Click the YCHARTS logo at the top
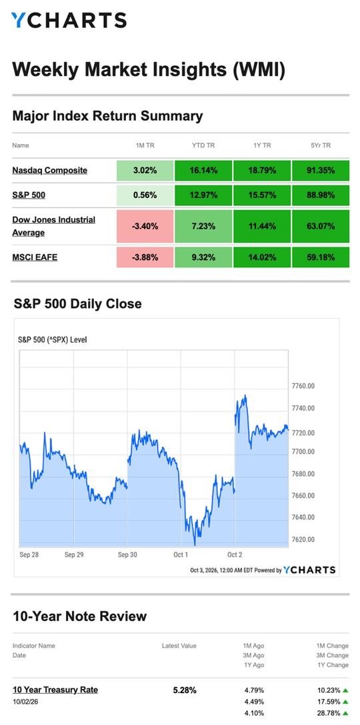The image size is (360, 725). pyautogui.click(x=69, y=21)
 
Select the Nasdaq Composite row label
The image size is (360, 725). pyautogui.click(x=49, y=170)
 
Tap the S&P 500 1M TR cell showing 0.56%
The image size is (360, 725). pyautogui.click(x=145, y=195)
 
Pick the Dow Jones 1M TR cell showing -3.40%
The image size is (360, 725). pyautogui.click(x=145, y=226)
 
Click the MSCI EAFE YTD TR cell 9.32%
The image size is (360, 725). pyautogui.click(x=203, y=257)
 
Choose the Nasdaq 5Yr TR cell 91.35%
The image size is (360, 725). pyautogui.click(x=321, y=170)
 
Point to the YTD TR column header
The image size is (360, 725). pyautogui.click(x=203, y=145)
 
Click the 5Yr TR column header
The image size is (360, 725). pyautogui.click(x=321, y=145)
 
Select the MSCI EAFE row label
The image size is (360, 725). pyautogui.click(x=35, y=257)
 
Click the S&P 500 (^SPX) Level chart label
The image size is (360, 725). pyautogui.click(x=52, y=340)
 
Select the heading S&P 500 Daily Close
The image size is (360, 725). pyautogui.click(x=77, y=304)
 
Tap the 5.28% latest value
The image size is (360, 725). pyautogui.click(x=185, y=690)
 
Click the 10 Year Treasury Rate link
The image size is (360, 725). pyautogui.click(x=55, y=690)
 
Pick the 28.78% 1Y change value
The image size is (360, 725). pyautogui.click(x=329, y=713)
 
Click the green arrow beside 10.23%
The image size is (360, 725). pyautogui.click(x=345, y=691)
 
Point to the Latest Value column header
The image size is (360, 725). pyautogui.click(x=179, y=646)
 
